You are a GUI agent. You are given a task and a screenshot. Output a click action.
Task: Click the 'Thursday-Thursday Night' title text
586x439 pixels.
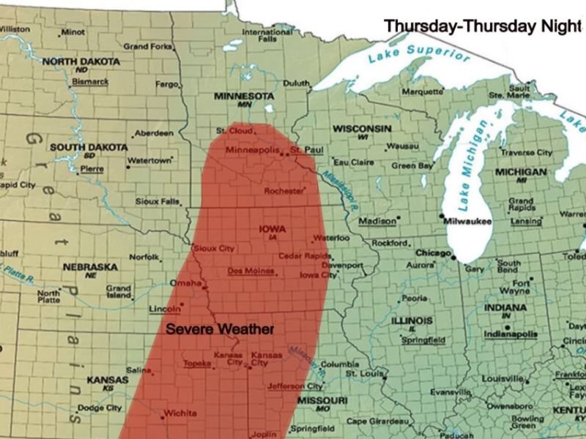[x=481, y=26]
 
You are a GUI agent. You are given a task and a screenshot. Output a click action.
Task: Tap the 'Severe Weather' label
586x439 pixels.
[x=220, y=329]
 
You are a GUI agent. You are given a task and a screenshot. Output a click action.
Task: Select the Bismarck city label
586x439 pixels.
[x=90, y=81]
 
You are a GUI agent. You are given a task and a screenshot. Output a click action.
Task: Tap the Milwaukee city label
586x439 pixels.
[x=470, y=221]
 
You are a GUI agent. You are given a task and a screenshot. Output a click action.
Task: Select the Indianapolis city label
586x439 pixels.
[x=511, y=334]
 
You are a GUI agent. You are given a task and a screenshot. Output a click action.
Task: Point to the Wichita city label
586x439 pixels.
[x=180, y=413]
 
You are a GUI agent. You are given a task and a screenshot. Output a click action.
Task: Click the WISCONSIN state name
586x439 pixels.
[x=362, y=129]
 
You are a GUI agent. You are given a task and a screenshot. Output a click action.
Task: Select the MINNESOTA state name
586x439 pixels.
[x=243, y=96]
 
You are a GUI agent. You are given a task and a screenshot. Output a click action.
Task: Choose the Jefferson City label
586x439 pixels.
[x=295, y=386]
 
